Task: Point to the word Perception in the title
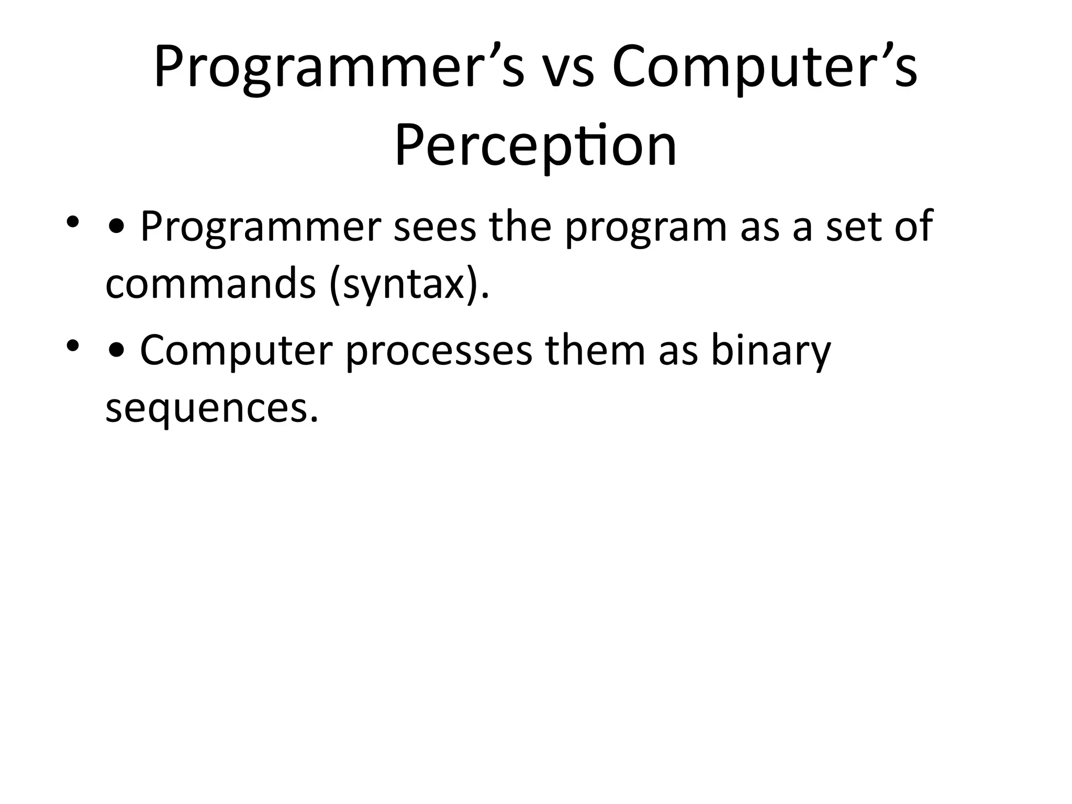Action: pyautogui.click(x=535, y=146)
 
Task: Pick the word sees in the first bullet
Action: pyautogui.click(x=434, y=228)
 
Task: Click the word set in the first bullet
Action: pyautogui.click(x=853, y=228)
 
